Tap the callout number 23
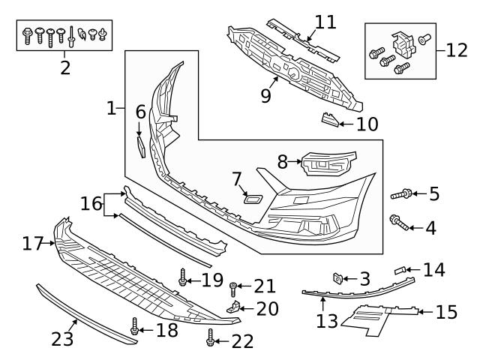[x=63, y=340]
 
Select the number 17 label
[x=33, y=243]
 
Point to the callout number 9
[x=265, y=96]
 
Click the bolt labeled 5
[x=400, y=195]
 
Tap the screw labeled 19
[x=182, y=279]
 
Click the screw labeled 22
[x=210, y=340]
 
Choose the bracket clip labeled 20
[x=235, y=307]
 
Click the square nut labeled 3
[x=338, y=279]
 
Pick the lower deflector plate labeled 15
[x=375, y=318]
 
